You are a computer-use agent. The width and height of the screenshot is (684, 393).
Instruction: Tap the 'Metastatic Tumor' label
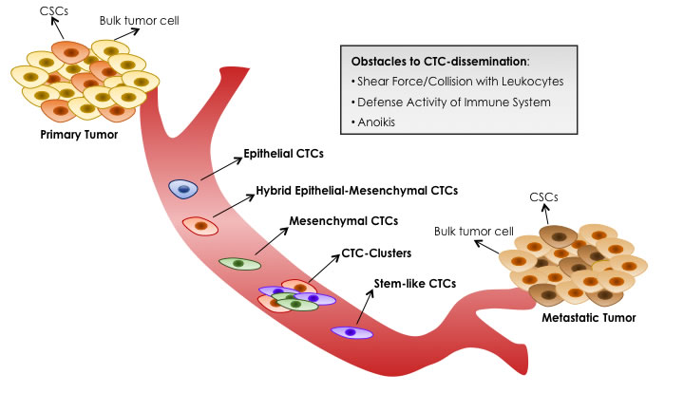[588, 317]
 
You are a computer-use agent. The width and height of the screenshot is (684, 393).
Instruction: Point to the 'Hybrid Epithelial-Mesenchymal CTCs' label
[356, 190]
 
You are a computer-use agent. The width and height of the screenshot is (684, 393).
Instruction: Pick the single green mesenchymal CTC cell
[239, 262]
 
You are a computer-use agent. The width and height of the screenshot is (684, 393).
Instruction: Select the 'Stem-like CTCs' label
[415, 284]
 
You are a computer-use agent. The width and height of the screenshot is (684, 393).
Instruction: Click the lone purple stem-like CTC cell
[351, 332]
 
